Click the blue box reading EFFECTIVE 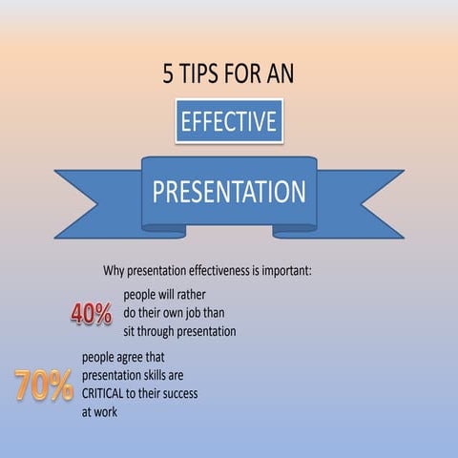(229, 121)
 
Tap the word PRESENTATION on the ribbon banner (229, 191)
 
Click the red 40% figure (92, 314)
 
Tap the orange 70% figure (44, 385)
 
